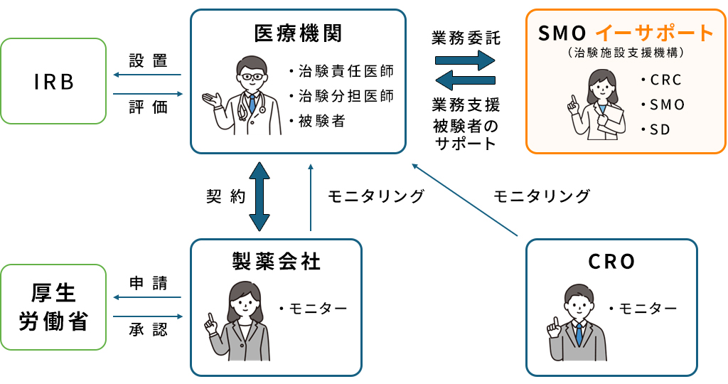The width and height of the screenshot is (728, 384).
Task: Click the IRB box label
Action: pos(53,82)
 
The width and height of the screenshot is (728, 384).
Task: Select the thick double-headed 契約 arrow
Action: pos(259,196)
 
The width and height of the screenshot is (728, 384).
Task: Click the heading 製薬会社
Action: pos(277,262)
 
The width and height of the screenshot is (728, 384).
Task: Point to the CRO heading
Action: pos(611,262)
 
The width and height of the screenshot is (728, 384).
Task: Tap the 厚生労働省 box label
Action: pos(53,307)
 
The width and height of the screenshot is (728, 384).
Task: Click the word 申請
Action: pos(148,284)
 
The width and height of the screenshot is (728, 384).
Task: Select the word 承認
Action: pos(148,331)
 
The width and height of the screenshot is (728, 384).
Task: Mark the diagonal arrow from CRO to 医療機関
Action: pos(466,200)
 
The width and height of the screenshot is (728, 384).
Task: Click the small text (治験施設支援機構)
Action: pos(626,53)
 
